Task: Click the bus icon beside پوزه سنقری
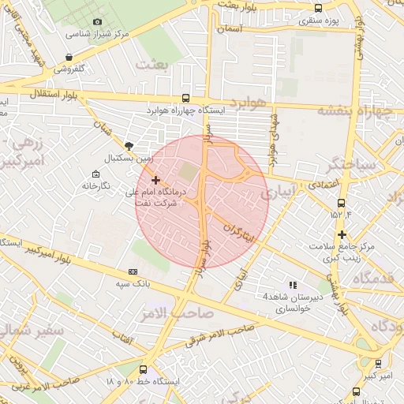click(x=318, y=8)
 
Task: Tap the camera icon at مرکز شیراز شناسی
click(x=97, y=22)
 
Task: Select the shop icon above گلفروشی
click(x=70, y=57)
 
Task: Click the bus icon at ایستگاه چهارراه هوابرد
click(x=185, y=99)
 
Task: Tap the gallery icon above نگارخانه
click(x=95, y=174)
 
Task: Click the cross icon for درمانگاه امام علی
click(x=155, y=181)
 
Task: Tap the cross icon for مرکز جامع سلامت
click(x=342, y=234)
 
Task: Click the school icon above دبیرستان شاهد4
click(x=293, y=285)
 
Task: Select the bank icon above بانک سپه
click(x=132, y=271)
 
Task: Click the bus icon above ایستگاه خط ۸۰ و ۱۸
click(x=143, y=369)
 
